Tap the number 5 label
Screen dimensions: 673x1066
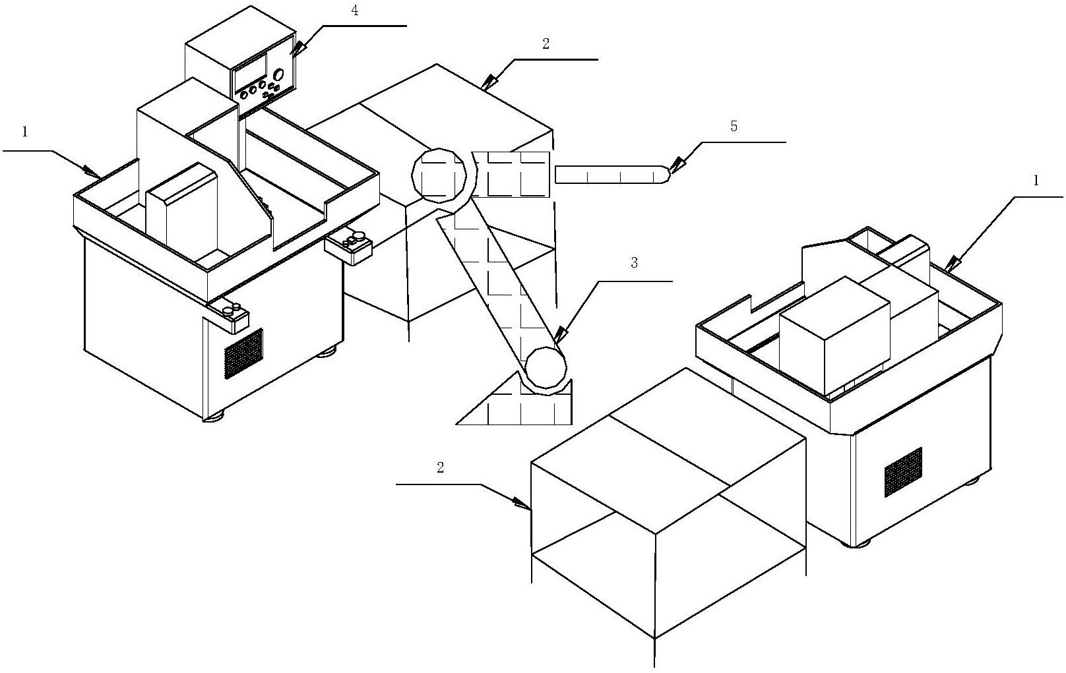[x=734, y=127]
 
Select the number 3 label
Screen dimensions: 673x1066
[x=634, y=263]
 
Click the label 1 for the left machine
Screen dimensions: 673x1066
[x=25, y=132]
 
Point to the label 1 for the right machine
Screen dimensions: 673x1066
[x=1036, y=180]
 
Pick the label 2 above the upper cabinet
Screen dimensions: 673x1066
[x=546, y=44]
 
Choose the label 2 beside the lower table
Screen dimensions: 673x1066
[x=440, y=468]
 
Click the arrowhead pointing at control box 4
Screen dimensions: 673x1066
[x=299, y=47]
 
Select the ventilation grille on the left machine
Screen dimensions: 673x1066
[x=243, y=353]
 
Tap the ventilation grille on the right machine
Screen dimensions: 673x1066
[x=903, y=472]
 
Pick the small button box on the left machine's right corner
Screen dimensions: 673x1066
[x=349, y=245]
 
